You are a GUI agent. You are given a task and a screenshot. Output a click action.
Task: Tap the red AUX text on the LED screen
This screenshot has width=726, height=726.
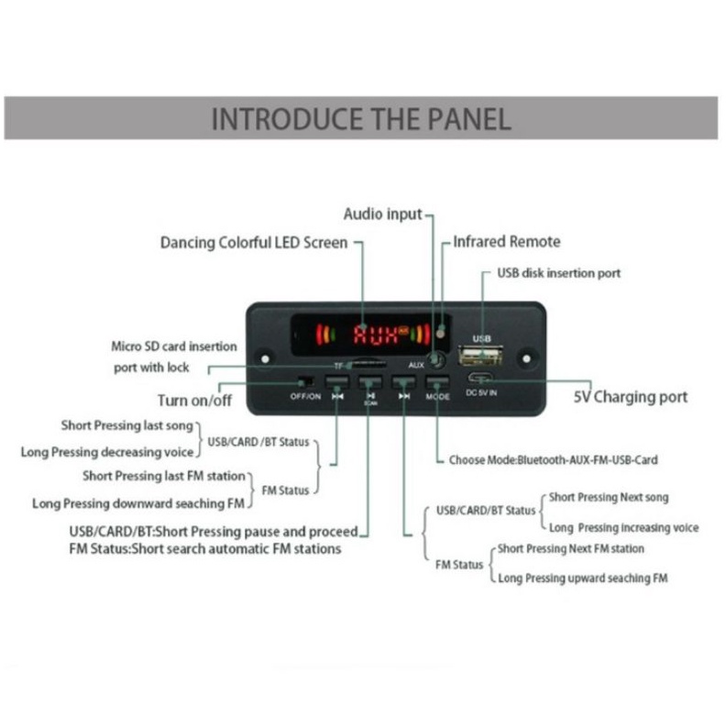377,335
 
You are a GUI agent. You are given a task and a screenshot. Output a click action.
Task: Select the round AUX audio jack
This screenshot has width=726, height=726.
439,361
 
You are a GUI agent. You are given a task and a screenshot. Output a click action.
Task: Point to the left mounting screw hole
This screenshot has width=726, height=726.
266,359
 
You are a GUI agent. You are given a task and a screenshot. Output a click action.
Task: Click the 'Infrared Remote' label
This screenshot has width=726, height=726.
506,242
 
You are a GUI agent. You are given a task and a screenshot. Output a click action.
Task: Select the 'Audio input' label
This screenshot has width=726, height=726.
383,214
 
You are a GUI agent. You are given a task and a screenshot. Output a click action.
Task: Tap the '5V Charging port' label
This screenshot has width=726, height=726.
631,397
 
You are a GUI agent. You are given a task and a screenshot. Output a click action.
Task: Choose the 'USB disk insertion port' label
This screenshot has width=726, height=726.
558,273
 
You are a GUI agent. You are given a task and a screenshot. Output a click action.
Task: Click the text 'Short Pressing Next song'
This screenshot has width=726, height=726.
609,498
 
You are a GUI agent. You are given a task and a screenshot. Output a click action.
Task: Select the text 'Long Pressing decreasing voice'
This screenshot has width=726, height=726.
107,452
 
